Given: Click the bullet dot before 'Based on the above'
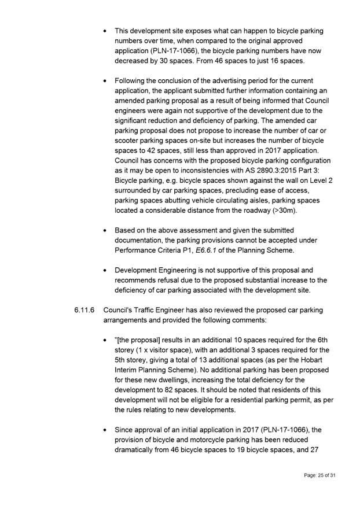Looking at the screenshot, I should click(x=104, y=230).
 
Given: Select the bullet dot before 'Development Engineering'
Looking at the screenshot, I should click(x=104, y=270).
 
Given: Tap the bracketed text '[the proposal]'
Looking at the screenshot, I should click(x=142, y=340).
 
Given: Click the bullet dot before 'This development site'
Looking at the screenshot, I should click(x=104, y=30).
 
